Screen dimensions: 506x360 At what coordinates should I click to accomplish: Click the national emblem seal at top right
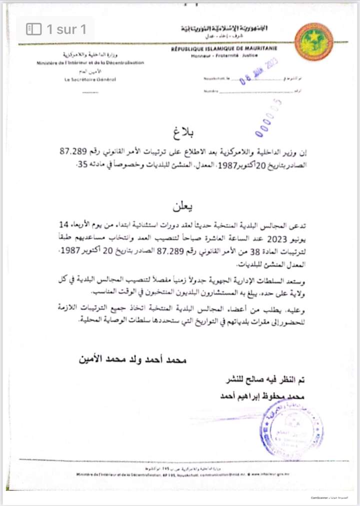pyautogui.click(x=313, y=42)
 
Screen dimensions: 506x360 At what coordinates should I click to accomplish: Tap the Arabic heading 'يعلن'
pyautogui.click(x=182, y=206)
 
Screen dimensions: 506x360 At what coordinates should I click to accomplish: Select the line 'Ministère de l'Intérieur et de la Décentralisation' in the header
pyautogui.click(x=90, y=63)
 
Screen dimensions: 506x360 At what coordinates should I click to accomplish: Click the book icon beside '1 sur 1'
pyautogui.click(x=33, y=29)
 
